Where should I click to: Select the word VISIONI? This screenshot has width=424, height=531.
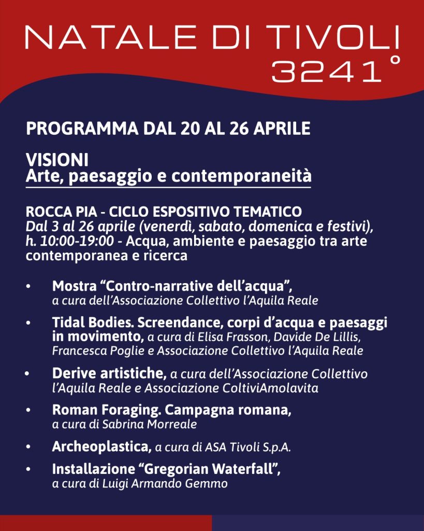point(57,160)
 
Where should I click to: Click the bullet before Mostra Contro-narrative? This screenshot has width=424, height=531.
point(30,286)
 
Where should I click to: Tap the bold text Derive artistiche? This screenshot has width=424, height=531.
point(109,373)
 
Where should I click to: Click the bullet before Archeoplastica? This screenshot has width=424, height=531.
point(30,447)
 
